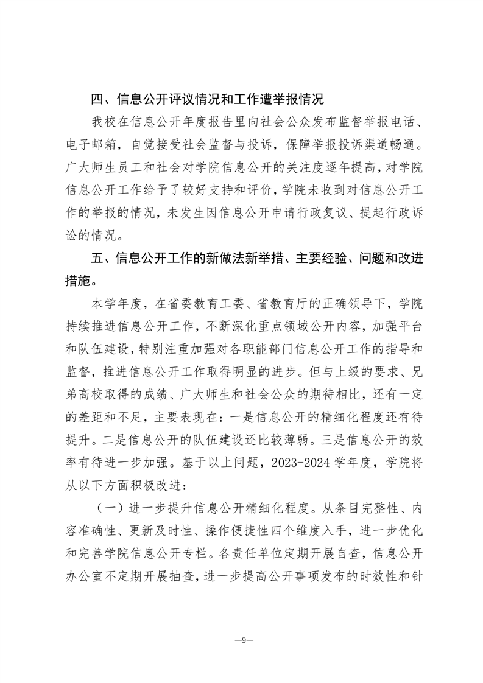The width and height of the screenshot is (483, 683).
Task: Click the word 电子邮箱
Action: click(90, 147)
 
